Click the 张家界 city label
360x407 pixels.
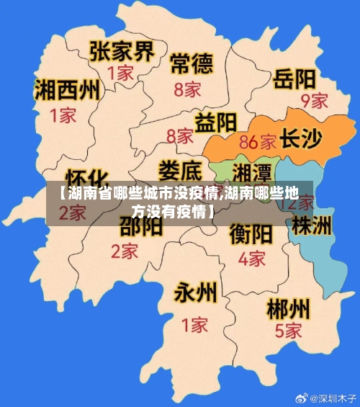point(122,51)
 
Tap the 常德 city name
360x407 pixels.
point(192,64)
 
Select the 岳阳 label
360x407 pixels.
point(294,78)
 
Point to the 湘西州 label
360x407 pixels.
point(68,90)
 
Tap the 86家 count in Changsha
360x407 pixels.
point(257,140)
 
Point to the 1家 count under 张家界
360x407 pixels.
point(121,73)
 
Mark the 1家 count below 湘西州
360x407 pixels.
point(63,114)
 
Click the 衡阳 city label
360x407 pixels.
point(251,234)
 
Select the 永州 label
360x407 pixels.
point(195,292)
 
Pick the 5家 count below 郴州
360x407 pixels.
point(288,331)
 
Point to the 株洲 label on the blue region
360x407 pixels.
point(312,225)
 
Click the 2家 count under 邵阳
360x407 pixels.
point(125,251)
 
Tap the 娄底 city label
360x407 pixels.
point(180,171)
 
